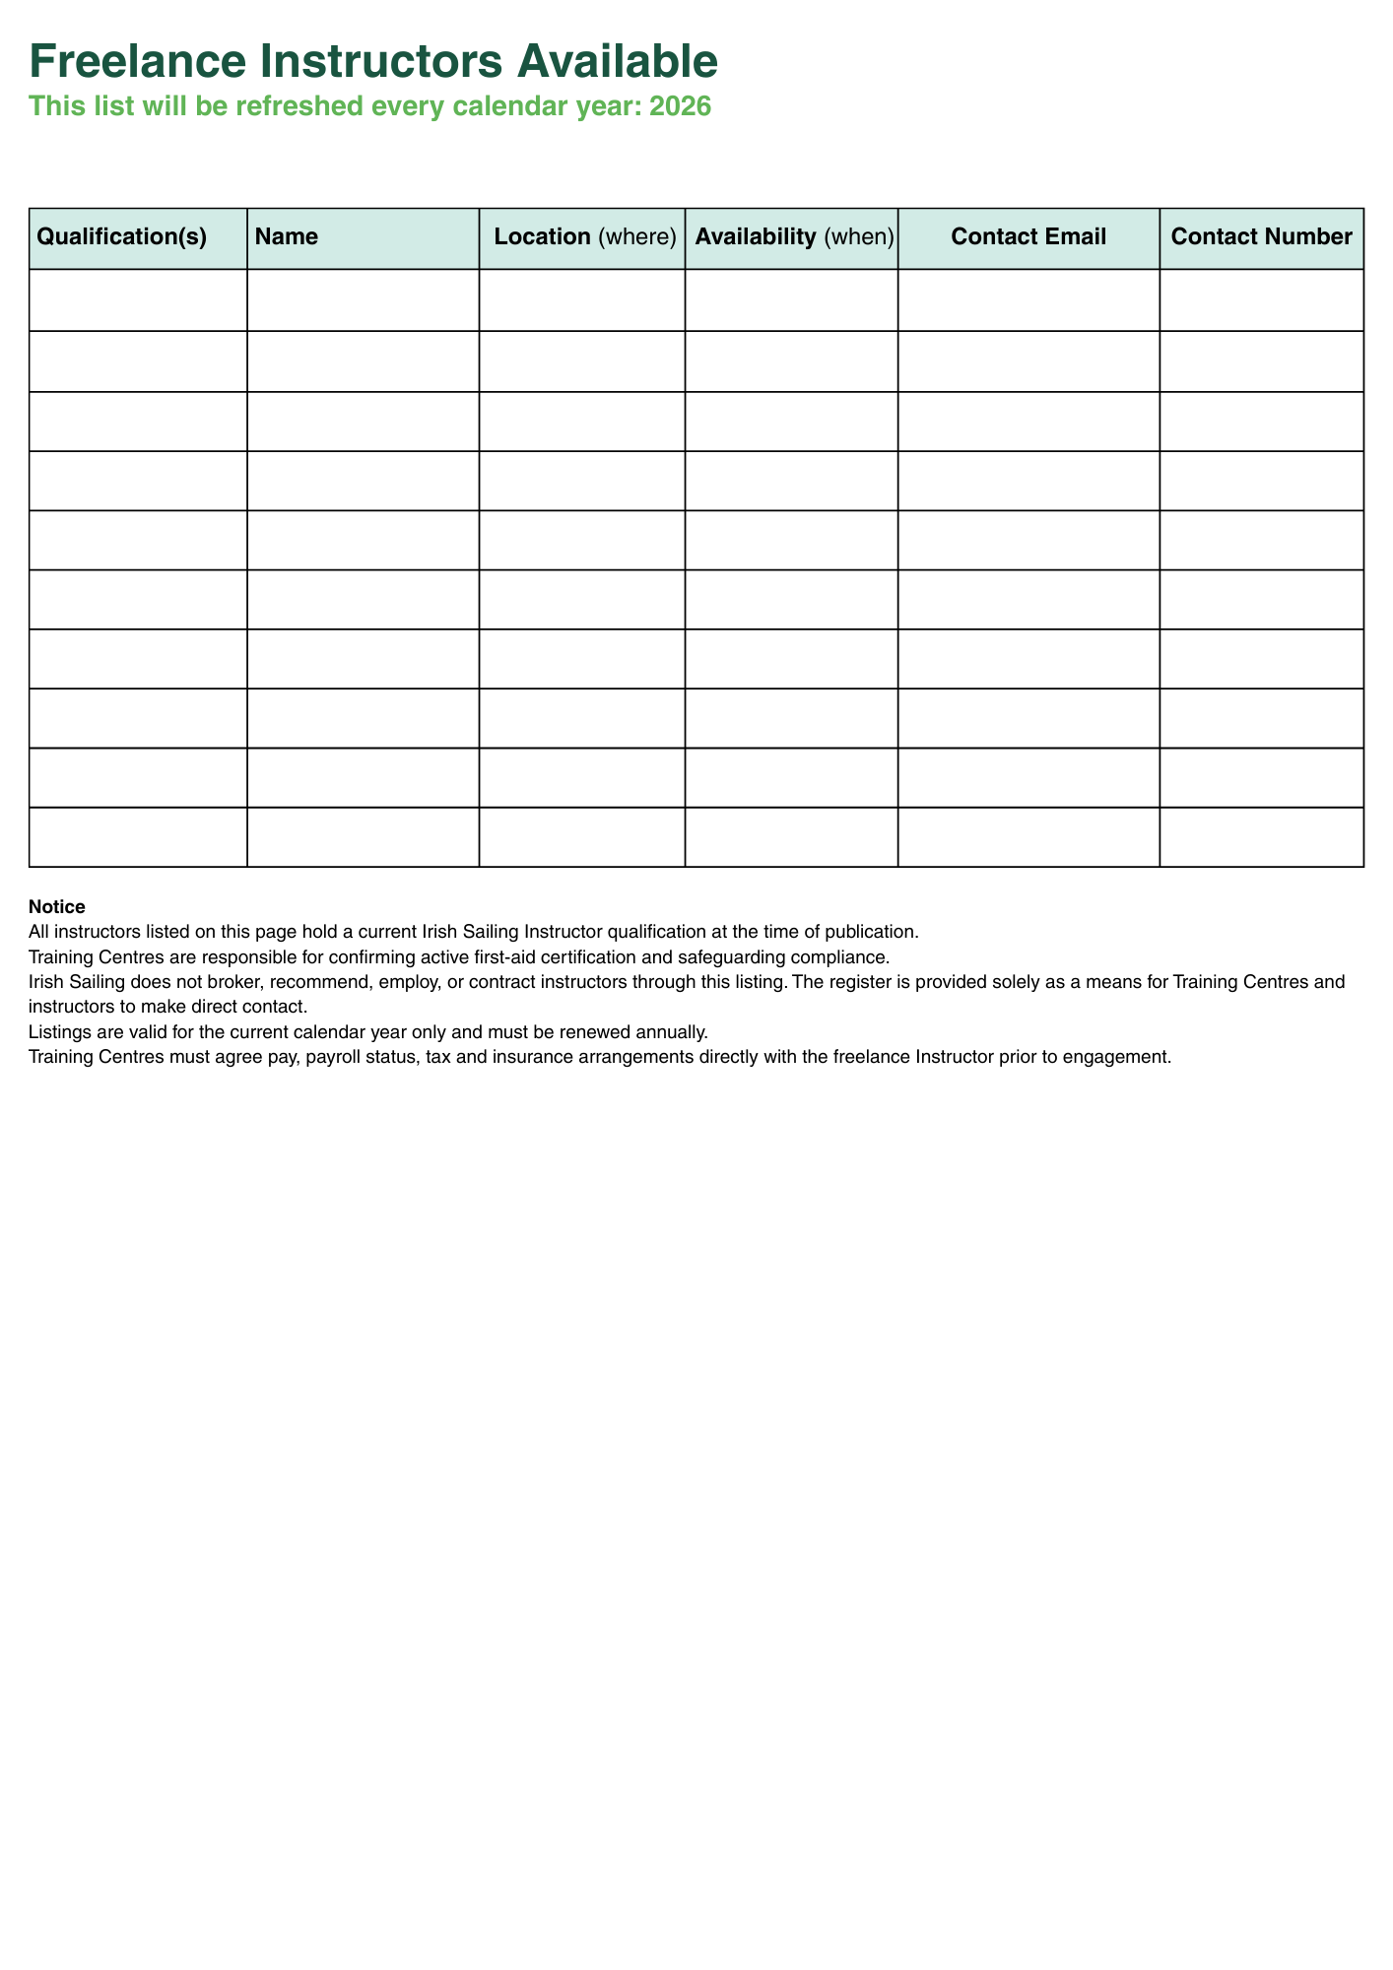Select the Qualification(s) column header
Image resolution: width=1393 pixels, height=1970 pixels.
121,237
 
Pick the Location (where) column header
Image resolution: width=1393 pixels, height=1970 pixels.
585,237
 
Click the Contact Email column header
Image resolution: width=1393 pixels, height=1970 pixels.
1028,237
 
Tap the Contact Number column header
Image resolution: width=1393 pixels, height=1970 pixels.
1261,237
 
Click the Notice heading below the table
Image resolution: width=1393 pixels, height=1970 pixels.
57,906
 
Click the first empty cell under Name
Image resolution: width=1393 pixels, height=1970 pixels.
363,299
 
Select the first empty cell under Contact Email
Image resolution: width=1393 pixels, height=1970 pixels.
1028,299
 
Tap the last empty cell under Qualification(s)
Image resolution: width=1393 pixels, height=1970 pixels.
138,837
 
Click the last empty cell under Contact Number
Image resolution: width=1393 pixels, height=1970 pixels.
1261,837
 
